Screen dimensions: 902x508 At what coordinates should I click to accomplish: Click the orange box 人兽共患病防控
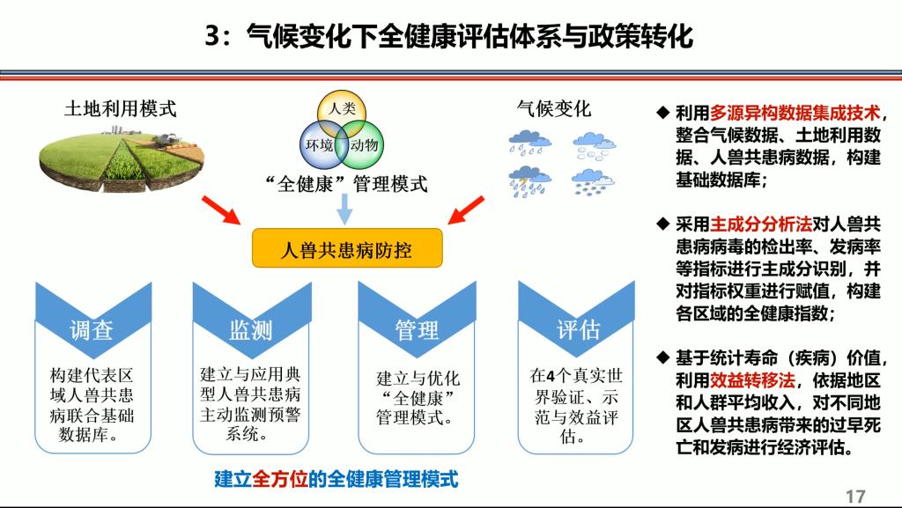click(x=347, y=248)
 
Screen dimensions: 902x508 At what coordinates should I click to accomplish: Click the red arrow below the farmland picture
click(x=221, y=210)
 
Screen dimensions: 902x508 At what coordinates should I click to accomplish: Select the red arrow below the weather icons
click(x=466, y=210)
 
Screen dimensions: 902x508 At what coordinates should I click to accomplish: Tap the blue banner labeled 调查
click(x=93, y=322)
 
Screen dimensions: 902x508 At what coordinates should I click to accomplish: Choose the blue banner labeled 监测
click(x=251, y=322)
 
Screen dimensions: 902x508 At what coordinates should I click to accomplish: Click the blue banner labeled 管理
click(x=417, y=322)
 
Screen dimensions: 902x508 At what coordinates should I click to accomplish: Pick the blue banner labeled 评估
click(x=576, y=322)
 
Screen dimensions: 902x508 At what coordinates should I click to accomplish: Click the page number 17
click(x=855, y=497)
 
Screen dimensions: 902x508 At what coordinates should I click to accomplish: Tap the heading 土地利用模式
click(x=120, y=108)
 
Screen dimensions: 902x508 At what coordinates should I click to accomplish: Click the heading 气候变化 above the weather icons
click(x=553, y=108)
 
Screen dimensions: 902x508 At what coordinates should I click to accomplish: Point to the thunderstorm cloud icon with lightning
click(x=529, y=182)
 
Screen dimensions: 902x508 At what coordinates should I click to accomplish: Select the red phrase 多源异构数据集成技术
click(x=795, y=113)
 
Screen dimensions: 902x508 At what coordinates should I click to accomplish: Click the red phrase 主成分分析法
click(x=761, y=225)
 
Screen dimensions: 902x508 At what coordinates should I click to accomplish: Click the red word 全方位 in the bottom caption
click(x=279, y=479)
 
